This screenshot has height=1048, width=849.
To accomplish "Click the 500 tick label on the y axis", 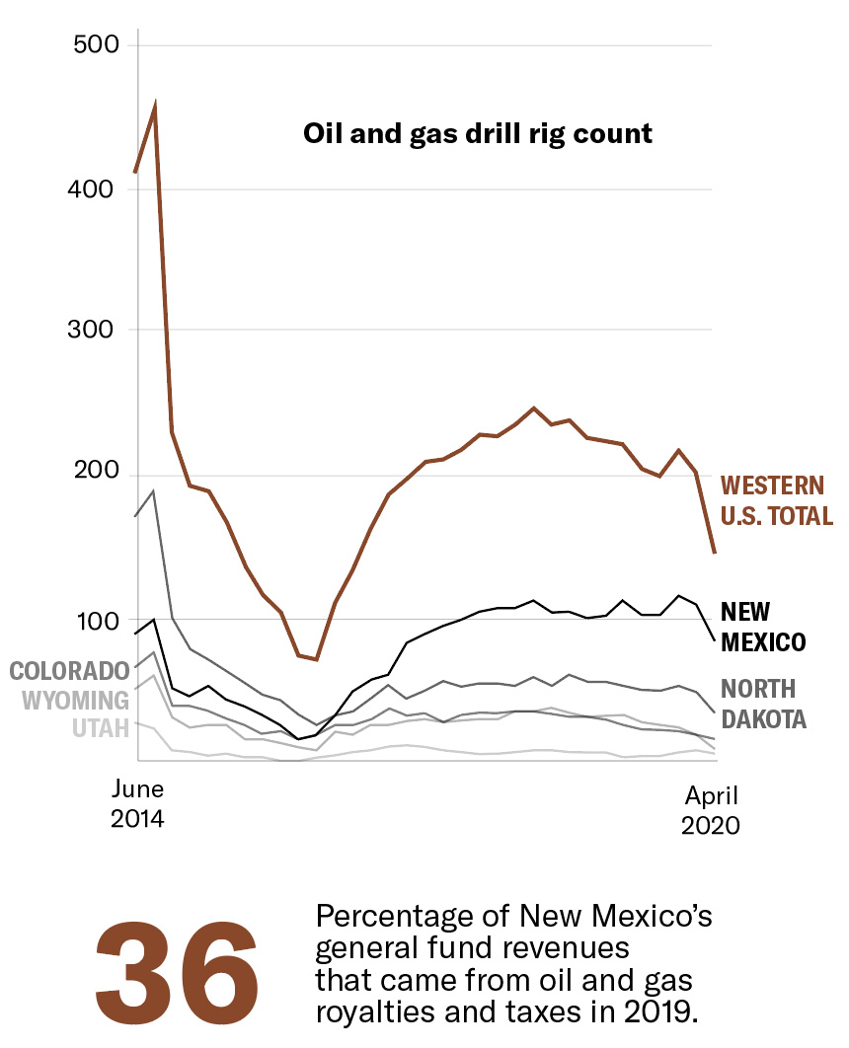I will (96, 45).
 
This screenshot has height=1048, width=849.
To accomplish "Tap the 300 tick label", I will (96, 330).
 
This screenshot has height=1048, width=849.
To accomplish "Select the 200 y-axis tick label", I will (96, 475).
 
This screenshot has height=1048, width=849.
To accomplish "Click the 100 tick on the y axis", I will (96, 621).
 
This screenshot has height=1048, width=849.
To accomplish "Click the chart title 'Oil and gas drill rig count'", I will (478, 133).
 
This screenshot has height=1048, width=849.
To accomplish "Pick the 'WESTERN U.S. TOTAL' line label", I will (776, 500).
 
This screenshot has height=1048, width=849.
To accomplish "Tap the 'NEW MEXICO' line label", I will (763, 627).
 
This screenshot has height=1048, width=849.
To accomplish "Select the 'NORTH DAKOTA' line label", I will (763, 704).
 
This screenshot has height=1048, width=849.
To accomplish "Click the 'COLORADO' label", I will (69, 671).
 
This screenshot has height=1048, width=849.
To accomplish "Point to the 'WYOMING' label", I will (76, 701).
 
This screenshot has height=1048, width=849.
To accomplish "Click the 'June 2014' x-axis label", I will (137, 804).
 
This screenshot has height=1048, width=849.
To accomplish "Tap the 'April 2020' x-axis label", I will (710, 810).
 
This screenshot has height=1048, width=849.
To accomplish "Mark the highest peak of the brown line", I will (155, 104).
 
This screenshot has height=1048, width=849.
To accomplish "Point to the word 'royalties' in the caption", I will (359, 1011).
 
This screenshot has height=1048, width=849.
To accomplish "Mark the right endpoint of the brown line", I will (715, 553).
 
